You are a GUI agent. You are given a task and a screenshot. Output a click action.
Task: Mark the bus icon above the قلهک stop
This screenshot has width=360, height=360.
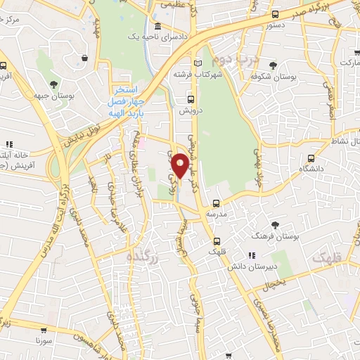click(216, 239)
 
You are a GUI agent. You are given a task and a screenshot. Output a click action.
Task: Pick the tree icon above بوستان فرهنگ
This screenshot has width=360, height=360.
click(275, 224)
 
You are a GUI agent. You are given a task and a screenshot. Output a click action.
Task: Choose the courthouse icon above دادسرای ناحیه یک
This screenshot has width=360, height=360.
click(157, 27)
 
